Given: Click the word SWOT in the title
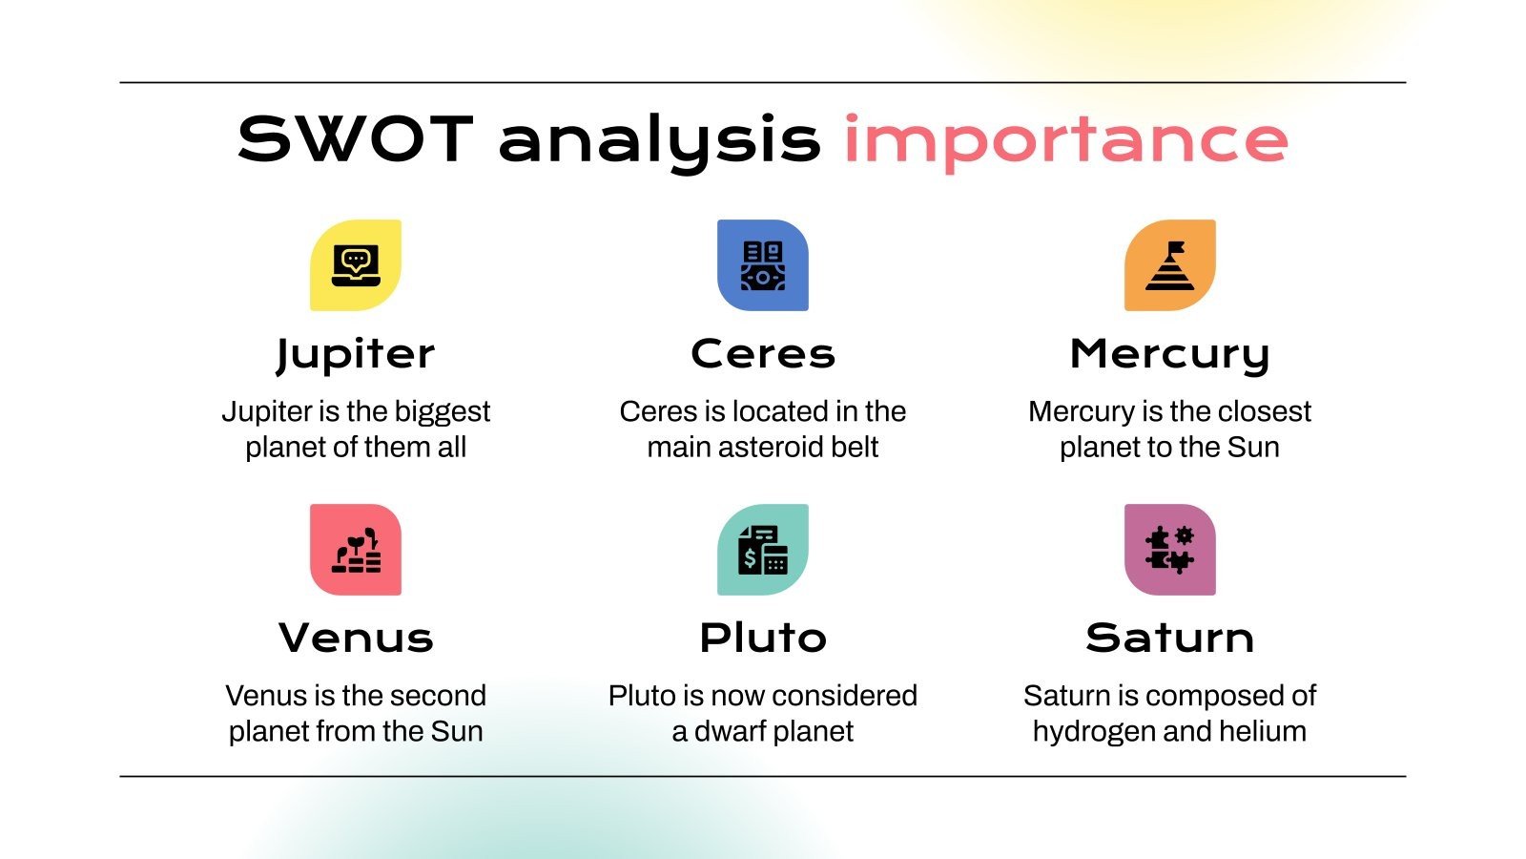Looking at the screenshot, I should point(355,139).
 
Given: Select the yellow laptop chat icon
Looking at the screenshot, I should point(356,265).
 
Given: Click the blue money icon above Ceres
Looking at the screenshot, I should point(763,265).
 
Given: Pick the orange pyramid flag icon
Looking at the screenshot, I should point(1169,265).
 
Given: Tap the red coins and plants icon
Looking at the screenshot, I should point(356,550).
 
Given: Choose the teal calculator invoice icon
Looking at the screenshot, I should point(763,550).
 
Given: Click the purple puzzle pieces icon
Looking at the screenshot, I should point(1169,550).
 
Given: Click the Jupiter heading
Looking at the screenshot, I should point(356,354).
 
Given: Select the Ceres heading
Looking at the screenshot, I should point(763,354).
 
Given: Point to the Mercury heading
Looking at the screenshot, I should point(1169,354).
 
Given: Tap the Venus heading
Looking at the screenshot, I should point(356,638).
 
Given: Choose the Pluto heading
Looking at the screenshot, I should point(763,638).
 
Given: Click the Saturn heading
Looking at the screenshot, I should point(1169,638).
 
